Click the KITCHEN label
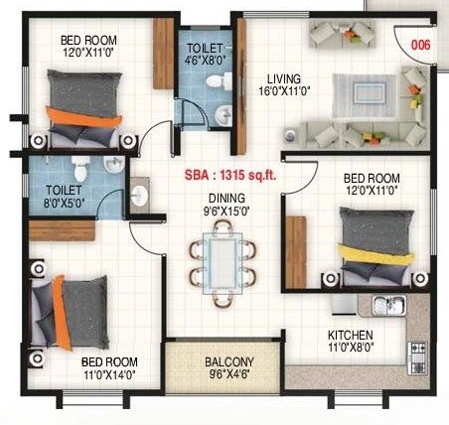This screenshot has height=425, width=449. (351, 336)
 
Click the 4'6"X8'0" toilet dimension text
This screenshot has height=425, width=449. (206, 59)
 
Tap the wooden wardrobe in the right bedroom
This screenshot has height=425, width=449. (295, 249)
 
